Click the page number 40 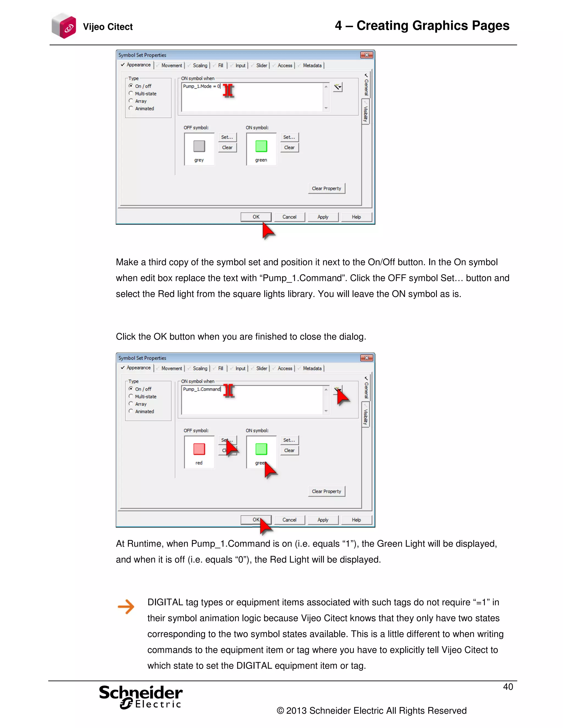(508, 687)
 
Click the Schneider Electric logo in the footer (141, 697)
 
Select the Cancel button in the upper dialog (289, 217)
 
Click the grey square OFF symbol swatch (199, 146)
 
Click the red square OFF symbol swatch (199, 449)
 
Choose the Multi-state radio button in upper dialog (131, 94)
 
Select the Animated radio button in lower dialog (131, 411)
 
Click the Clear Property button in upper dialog (326, 189)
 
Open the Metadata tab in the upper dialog (312, 66)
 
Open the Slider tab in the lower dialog (261, 368)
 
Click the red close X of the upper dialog (366, 55)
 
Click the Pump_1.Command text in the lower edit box (202, 389)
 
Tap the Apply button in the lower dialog (322, 520)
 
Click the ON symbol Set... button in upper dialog (289, 137)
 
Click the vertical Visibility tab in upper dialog (366, 113)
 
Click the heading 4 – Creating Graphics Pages (422, 26)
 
